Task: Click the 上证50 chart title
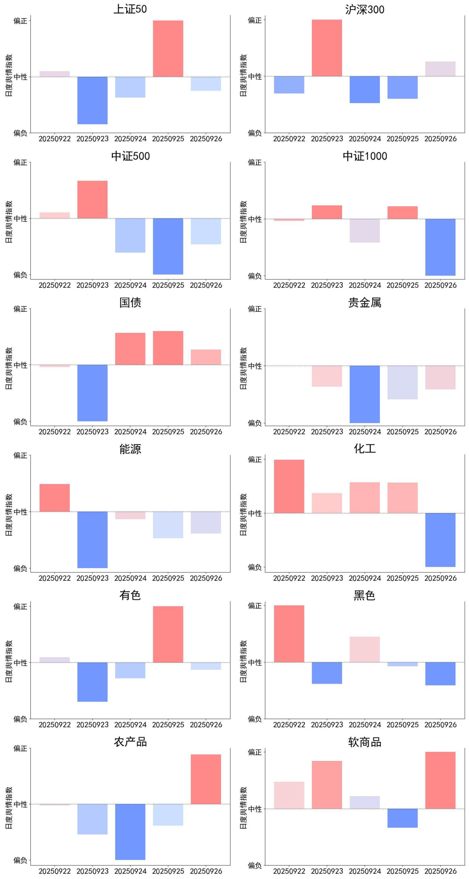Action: pyautogui.click(x=130, y=9)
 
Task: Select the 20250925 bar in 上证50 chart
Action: pyautogui.click(x=168, y=49)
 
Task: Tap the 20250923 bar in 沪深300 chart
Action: pyautogui.click(x=327, y=48)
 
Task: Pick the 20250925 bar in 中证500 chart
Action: pyautogui.click(x=168, y=246)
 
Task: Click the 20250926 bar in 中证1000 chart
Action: pyautogui.click(x=440, y=247)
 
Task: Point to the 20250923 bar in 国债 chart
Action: pyautogui.click(x=92, y=393)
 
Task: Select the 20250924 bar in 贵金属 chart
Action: pyautogui.click(x=365, y=394)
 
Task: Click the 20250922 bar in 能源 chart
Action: pyautogui.click(x=55, y=497)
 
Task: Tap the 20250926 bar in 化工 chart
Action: pyautogui.click(x=440, y=540)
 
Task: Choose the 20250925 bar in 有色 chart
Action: pyautogui.click(x=168, y=634)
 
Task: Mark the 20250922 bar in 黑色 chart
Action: pyautogui.click(x=289, y=634)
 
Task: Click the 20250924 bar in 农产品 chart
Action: pyautogui.click(x=130, y=832)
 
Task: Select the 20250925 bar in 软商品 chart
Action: pyautogui.click(x=403, y=818)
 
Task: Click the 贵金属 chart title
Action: pyautogui.click(x=365, y=303)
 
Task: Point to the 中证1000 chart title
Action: pyautogui.click(x=365, y=156)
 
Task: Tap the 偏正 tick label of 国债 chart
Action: pyautogui.click(x=20, y=309)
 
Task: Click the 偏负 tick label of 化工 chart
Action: pyautogui.click(x=255, y=567)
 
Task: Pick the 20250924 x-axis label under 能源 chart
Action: pyautogui.click(x=130, y=578)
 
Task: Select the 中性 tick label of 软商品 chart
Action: pyautogui.click(x=255, y=809)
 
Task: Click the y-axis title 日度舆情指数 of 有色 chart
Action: pyautogui.click(x=9, y=661)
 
